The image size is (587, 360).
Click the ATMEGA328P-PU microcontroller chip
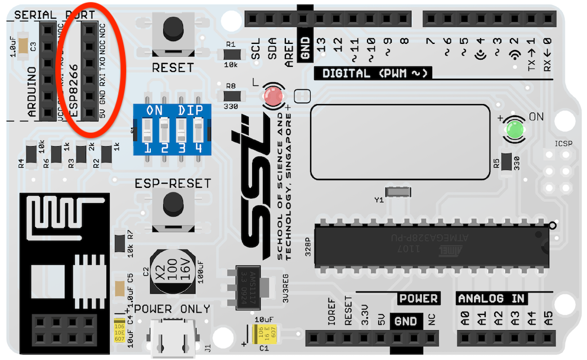[432, 246]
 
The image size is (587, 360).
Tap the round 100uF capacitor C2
[171, 273]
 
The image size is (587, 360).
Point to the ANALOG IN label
[491, 298]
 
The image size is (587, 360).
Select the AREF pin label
[289, 52]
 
